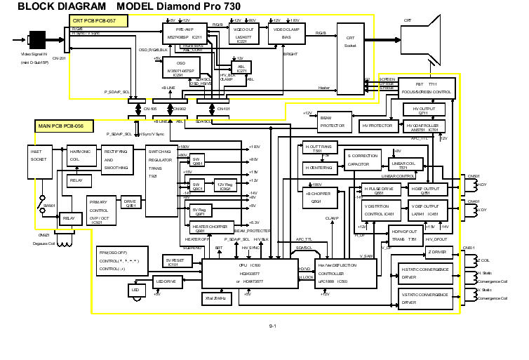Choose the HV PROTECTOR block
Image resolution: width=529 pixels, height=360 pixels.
(377, 126)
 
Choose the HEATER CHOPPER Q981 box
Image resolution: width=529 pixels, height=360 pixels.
(210, 228)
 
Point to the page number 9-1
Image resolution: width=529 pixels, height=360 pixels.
(273, 327)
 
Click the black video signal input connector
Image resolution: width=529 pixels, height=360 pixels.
(36, 39)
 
